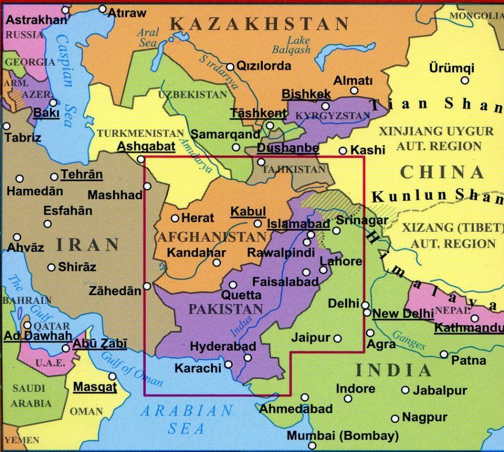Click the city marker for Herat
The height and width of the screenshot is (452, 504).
coord(175,218)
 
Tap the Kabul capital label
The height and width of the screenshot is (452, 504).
coord(248,211)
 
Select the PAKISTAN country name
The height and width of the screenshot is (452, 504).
coord(226,309)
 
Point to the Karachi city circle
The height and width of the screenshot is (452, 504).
coord(228,364)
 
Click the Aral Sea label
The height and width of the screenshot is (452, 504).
coord(148,38)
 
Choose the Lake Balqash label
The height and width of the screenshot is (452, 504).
coord(291,45)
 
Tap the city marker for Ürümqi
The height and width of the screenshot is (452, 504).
coord(465,81)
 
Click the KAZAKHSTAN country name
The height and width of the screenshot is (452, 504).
coord(260,24)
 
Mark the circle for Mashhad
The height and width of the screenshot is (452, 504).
coord(147,186)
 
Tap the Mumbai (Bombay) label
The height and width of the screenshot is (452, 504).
coord(342,436)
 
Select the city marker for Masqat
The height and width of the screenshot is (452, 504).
coord(112,376)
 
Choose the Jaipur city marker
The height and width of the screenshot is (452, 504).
coord(337,338)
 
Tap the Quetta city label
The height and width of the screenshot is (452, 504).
coord(241,295)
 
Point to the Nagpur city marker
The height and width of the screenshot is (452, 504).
coord(395,419)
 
